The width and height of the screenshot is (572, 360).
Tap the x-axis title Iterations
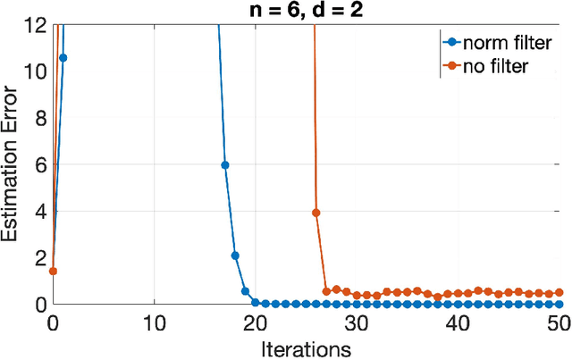pyautogui.click(x=307, y=346)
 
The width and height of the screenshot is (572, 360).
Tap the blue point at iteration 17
pyautogui.click(x=225, y=164)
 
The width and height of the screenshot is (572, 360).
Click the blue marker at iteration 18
pyautogui.click(x=235, y=255)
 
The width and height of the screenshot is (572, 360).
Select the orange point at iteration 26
pyautogui.click(x=316, y=213)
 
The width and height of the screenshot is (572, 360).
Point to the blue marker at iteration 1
pyautogui.click(x=63, y=58)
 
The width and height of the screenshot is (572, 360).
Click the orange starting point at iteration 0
pyautogui.click(x=53, y=271)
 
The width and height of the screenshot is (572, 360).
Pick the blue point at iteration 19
pyautogui.click(x=245, y=290)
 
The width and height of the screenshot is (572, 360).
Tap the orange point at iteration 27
pyautogui.click(x=326, y=291)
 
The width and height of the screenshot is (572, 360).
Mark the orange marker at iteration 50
pyautogui.click(x=559, y=292)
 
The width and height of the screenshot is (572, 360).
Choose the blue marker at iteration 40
pyautogui.click(x=458, y=304)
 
